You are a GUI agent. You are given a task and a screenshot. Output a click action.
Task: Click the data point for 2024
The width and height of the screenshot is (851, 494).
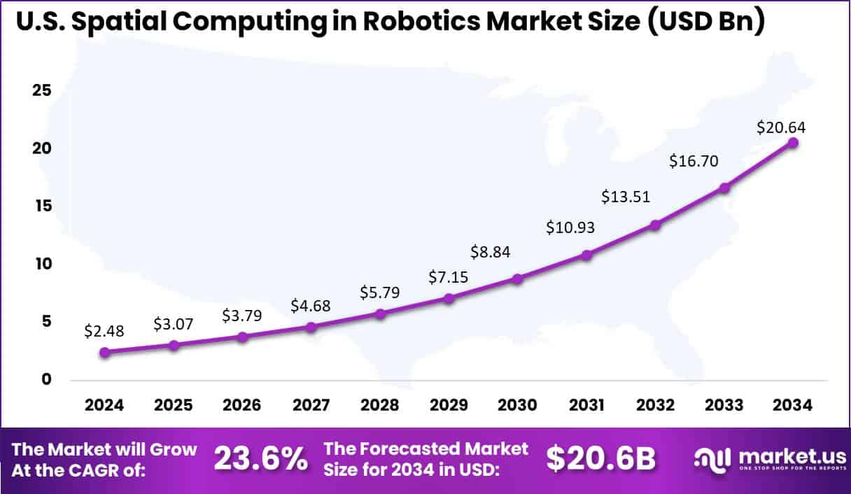click(x=104, y=353)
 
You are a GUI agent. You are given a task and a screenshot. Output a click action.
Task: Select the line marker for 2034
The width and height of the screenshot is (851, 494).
click(x=793, y=143)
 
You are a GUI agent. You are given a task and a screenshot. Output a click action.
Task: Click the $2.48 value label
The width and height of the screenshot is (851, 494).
click(x=104, y=331)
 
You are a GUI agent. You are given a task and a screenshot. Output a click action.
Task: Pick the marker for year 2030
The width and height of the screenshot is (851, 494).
click(x=518, y=278)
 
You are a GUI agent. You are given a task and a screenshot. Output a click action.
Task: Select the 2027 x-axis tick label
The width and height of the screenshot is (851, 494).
click(x=311, y=406)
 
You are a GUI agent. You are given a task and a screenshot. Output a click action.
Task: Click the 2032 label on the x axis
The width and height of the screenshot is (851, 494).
click(x=655, y=406)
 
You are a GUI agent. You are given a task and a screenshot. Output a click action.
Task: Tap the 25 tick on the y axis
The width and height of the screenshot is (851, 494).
click(x=41, y=91)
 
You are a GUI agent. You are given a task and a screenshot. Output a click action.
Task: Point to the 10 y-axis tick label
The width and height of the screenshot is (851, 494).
click(x=41, y=264)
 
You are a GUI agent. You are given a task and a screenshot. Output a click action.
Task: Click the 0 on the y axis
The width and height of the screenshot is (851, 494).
click(x=47, y=379)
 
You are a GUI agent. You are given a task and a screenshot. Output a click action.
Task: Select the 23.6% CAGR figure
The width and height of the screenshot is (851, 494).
click(x=260, y=459)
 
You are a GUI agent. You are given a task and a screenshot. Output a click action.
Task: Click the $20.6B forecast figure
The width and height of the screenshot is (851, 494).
click(x=601, y=459)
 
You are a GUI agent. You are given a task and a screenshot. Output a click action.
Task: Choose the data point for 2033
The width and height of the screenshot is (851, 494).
click(x=724, y=188)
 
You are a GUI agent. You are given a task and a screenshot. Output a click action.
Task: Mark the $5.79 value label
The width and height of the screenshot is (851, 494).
click(x=380, y=292)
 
